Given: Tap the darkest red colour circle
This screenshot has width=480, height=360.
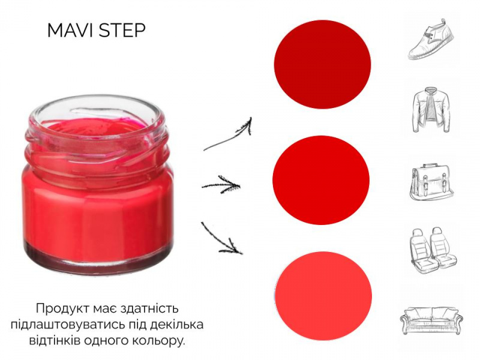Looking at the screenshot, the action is (x=322, y=64).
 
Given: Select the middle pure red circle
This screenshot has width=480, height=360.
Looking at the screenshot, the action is (x=321, y=180).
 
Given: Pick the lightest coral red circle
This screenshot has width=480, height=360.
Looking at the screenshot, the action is (x=323, y=296).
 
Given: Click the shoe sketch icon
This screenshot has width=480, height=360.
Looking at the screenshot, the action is (x=431, y=39).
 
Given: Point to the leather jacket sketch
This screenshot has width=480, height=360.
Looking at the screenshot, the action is (x=431, y=110).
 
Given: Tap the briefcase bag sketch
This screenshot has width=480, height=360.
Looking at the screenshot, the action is (x=431, y=182).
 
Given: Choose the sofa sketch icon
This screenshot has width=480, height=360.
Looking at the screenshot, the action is (x=431, y=320).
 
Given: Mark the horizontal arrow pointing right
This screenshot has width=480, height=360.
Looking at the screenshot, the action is (x=221, y=185).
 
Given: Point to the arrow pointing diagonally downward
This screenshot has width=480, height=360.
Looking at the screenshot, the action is (x=221, y=238).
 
